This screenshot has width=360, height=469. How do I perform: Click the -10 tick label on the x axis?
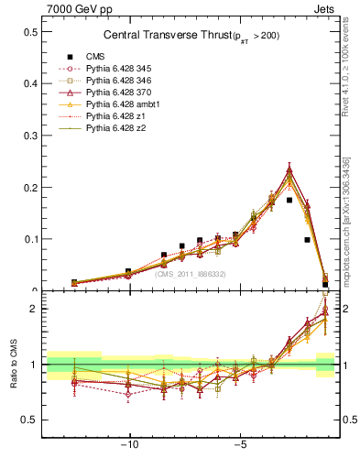coord(129,446)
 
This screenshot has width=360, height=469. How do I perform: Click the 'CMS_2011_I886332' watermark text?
coord(190,274)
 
